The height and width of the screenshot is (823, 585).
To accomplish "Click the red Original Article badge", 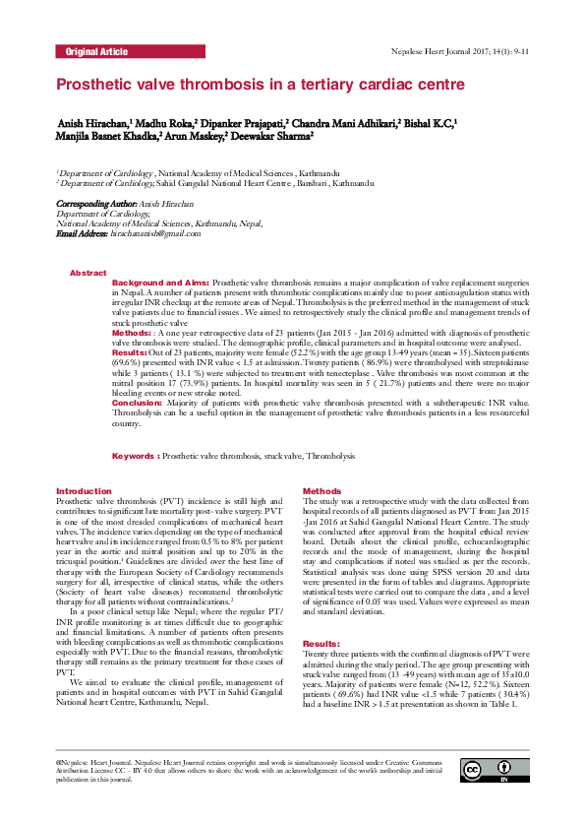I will tap(95, 50).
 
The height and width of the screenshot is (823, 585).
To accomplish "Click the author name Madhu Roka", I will tap(165, 124).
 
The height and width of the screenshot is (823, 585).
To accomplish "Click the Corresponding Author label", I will tap(93, 203).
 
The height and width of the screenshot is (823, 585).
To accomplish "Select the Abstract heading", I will tap(88, 272).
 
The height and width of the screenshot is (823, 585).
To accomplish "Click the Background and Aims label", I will tap(160, 283).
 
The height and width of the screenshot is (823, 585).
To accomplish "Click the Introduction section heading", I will tap(84, 490).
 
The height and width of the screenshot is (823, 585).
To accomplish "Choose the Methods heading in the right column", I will tap(322, 490).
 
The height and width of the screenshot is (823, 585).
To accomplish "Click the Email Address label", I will tap(82, 232).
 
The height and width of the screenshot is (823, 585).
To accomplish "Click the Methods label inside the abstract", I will tap(131, 334).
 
